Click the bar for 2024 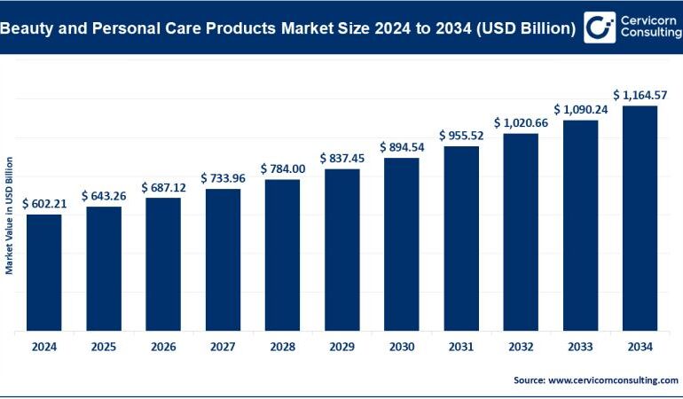(43, 273)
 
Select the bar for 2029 (341, 250)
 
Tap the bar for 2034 (640, 218)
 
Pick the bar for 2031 (460, 239)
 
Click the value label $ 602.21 (43, 203)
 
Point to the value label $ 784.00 (282, 168)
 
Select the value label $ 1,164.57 (640, 95)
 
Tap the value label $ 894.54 (401, 147)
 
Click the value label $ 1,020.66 (521, 122)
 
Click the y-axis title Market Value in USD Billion (9, 215)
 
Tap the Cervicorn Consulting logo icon (601, 27)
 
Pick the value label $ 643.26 (103, 195)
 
